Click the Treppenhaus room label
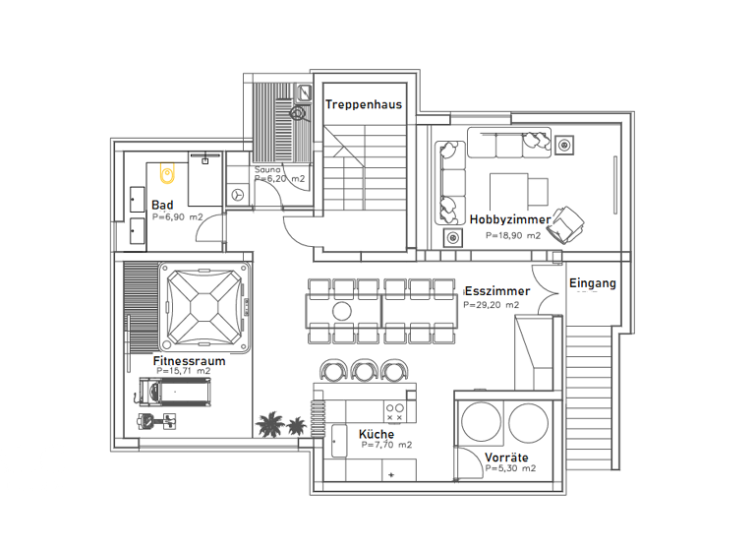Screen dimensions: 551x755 point(363,105)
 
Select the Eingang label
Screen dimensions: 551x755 point(592,283)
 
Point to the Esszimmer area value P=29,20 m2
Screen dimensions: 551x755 point(491,306)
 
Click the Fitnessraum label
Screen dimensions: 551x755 point(189,361)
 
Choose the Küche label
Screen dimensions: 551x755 point(377,434)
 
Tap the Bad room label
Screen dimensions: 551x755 point(162,205)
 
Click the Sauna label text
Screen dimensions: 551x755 point(267,170)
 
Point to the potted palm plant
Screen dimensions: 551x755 point(279,425)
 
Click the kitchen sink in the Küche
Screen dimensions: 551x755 point(340,440)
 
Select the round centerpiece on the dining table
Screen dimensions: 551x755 point(341,311)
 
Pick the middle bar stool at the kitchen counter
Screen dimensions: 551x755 point(365,370)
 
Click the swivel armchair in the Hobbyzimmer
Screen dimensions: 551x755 point(567,225)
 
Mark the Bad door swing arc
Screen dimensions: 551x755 point(208,228)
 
